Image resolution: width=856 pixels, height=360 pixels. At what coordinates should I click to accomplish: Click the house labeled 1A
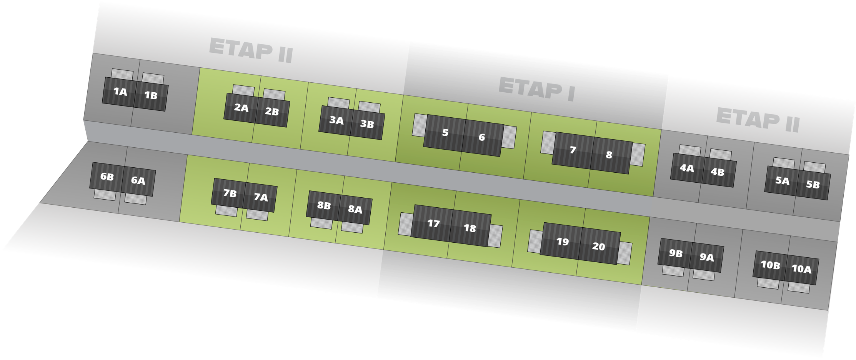120,92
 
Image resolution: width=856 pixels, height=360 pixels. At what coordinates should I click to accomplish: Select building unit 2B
272,112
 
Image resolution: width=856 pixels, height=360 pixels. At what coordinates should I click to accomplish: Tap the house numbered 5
445,133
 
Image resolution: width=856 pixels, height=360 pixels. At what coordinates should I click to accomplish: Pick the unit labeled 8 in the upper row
610,155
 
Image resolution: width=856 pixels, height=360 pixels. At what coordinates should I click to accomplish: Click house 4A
687,168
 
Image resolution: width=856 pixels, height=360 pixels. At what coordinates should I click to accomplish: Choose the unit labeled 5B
813,185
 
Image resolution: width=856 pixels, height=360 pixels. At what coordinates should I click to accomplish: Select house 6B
107,177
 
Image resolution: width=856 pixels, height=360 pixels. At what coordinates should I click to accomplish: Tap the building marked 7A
261,198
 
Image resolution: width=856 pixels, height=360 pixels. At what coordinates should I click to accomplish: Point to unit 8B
324,206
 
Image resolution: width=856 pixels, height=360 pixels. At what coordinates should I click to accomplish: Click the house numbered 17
433,223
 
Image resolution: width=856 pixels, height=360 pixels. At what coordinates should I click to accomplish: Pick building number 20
598,247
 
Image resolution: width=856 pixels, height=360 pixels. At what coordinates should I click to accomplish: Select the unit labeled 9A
707,257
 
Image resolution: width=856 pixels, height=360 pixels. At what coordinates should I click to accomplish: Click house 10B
770,265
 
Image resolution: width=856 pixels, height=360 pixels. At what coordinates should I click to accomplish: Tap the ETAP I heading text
536,89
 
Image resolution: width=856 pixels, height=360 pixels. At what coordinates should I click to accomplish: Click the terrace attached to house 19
535,242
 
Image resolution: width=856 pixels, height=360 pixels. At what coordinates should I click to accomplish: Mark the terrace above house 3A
339,103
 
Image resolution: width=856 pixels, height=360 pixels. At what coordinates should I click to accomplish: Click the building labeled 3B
367,125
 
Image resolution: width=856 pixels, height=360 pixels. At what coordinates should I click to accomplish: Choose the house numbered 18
470,228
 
